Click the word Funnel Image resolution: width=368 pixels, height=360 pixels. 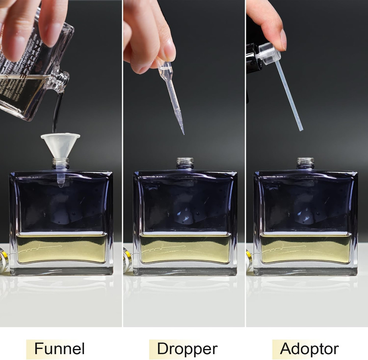point(59,348)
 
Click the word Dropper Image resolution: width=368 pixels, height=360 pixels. point(187,348)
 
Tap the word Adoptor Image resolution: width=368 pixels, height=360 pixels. point(309,348)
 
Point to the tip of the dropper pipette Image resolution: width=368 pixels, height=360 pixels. point(183,133)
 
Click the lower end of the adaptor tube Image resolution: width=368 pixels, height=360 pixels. point(301,129)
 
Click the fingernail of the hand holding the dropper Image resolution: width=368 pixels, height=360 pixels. point(170,53)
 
